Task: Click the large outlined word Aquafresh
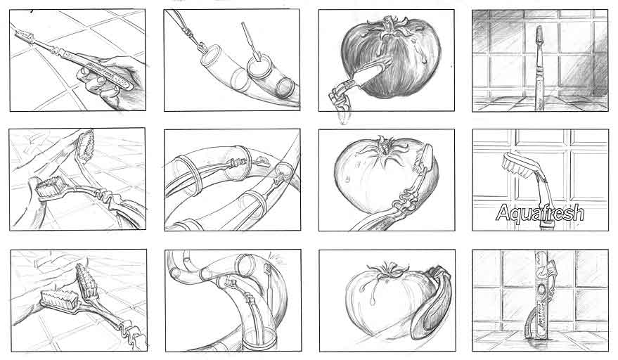click(539, 212)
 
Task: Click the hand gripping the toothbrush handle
click(112, 81)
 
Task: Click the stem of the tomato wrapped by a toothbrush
click(388, 271)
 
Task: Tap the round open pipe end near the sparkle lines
click(246, 264)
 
